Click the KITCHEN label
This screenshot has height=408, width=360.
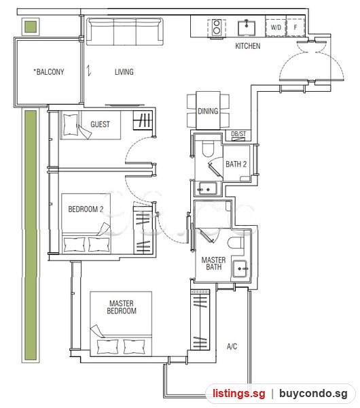coord(247,46)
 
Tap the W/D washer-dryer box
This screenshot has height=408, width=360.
coord(276,27)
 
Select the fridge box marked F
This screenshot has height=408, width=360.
coord(295,27)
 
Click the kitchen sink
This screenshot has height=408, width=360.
coord(247,28)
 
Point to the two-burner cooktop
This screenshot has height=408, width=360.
coord(217,28)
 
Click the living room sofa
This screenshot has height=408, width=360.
coord(124,31)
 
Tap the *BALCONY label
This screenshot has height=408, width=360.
coord(49,71)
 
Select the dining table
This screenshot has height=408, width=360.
coord(208,111)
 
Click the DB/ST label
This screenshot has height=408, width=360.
coord(238,134)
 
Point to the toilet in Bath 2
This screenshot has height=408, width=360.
coord(208,149)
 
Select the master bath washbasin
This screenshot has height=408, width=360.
coord(240,269)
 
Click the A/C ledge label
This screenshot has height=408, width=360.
coord(232,346)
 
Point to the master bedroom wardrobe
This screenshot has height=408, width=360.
coord(200,320)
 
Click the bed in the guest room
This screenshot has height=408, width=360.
coord(91,125)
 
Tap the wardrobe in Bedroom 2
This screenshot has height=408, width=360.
coord(143,228)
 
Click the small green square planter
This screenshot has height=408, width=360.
coord(31,27)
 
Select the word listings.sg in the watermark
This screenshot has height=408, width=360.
coord(239,394)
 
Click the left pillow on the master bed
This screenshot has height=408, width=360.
coord(107,346)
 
